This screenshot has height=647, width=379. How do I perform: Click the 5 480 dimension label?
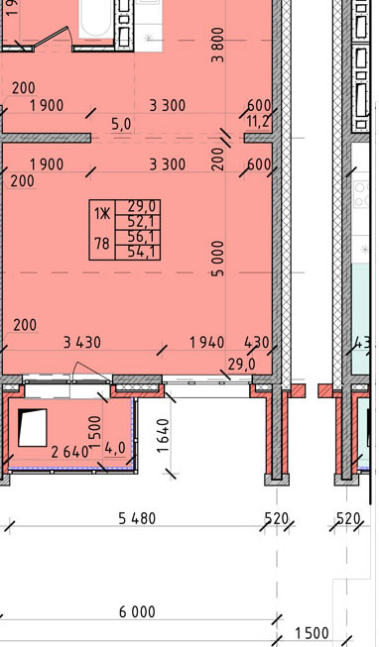(137, 518)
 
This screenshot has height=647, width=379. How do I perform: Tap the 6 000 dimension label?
(137, 611)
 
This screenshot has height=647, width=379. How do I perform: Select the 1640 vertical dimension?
(164, 436)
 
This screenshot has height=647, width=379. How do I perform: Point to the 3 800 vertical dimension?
(217, 45)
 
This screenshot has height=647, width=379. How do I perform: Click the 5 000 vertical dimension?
(217, 259)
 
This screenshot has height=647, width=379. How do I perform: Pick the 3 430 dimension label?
(81, 343)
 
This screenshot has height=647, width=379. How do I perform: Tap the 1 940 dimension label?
(206, 343)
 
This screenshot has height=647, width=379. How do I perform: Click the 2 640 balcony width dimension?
(69, 452)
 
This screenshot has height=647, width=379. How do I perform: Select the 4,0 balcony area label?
(114, 450)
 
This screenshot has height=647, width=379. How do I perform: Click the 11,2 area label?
(258, 122)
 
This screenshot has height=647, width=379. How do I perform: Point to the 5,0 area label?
(121, 124)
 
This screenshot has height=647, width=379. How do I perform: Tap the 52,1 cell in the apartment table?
(138, 222)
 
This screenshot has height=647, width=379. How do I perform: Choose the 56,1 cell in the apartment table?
(138, 237)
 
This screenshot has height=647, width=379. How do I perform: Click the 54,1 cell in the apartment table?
(138, 252)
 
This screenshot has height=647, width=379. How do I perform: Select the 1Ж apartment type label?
(102, 214)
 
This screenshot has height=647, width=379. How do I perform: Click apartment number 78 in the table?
(101, 244)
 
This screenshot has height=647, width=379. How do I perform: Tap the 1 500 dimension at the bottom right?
(312, 633)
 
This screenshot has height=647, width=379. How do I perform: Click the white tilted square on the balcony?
(33, 427)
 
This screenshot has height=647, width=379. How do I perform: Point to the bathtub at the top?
(96, 19)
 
